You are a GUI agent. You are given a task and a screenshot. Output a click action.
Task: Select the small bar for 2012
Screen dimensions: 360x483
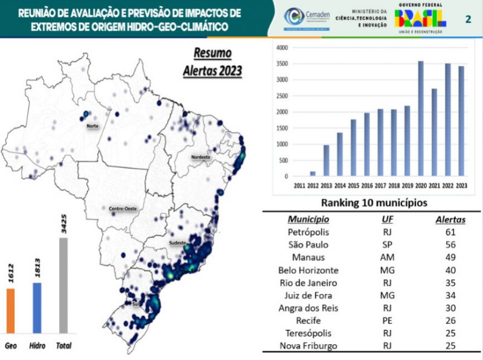313,174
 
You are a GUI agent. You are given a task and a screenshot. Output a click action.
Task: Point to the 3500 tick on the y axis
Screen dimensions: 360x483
281,63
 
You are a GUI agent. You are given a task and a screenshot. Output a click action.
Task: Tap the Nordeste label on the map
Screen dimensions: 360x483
200,157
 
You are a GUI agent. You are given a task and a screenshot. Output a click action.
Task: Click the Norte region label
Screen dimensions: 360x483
93,126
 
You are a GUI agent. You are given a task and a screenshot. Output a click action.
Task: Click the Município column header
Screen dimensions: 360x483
308,218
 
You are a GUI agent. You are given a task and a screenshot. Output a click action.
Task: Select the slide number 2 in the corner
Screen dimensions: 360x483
468,19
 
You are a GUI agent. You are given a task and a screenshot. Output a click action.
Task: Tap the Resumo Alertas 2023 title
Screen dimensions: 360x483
213,62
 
